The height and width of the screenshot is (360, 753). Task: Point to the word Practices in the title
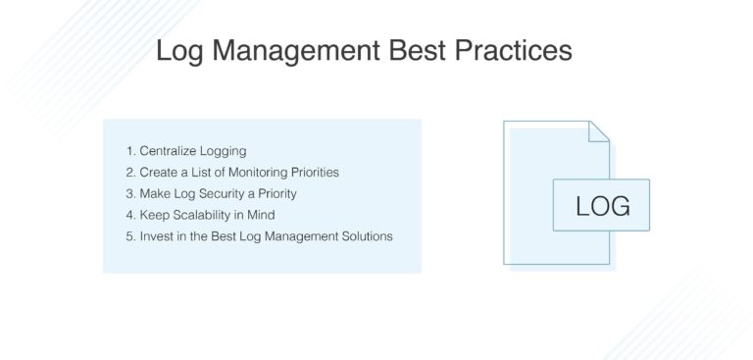[515, 51]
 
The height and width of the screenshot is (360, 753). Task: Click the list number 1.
[129, 151]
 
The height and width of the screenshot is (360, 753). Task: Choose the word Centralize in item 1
[168, 151]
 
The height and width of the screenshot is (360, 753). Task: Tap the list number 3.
[129, 193]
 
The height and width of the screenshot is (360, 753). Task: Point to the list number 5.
[129, 236]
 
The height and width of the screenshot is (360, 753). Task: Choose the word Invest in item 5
[156, 236]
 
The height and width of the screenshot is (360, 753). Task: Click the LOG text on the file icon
[602, 206]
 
